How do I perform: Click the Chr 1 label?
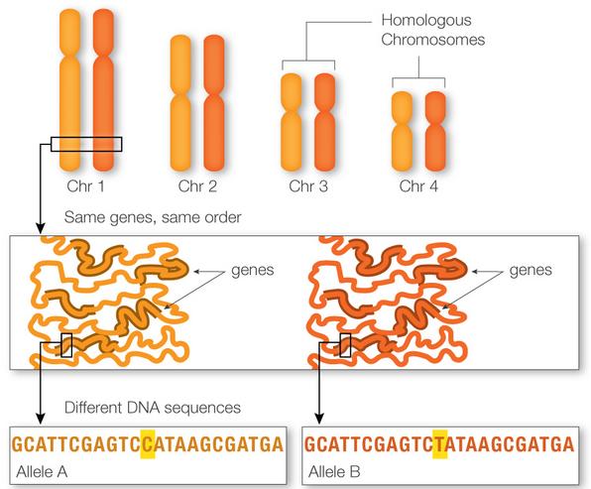tap(85, 185)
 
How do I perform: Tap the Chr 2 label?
tap(197, 185)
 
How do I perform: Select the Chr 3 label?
tap(308, 185)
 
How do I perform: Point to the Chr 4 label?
tap(418, 185)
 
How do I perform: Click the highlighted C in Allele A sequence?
tap(148, 444)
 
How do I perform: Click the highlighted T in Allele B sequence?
tap(440, 444)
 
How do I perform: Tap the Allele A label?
tap(42, 472)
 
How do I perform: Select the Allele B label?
tap(334, 472)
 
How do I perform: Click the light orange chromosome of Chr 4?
tap(402, 131)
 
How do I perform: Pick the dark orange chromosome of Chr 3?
tap(324, 122)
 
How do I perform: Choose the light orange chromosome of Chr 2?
tap(180, 103)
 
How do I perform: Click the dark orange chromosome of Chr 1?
tap(103, 89)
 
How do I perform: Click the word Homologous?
tap(426, 20)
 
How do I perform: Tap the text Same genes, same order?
tap(153, 217)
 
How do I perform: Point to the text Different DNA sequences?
tap(153, 408)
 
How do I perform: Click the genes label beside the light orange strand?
tap(253, 271)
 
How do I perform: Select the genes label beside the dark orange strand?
tap(531, 271)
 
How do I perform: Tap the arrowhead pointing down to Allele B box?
tap(319, 419)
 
